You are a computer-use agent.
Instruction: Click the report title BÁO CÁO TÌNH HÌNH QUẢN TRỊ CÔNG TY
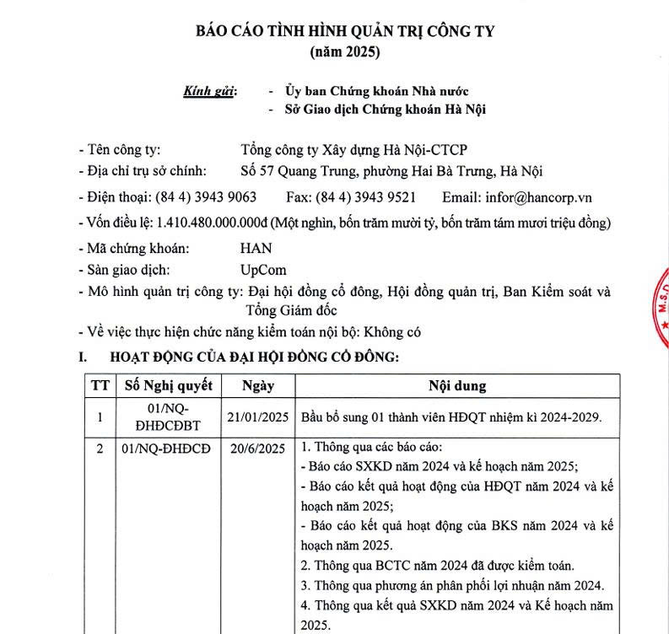pos(345,31)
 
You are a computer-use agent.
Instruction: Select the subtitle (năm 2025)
pos(345,52)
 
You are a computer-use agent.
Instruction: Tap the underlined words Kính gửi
pos(210,90)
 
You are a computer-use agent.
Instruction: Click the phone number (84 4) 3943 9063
pos(206,197)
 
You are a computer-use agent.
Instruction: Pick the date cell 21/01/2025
pos(258,416)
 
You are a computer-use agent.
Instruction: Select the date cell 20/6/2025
pos(258,449)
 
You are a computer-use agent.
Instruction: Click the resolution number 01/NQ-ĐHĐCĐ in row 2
pos(165,449)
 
